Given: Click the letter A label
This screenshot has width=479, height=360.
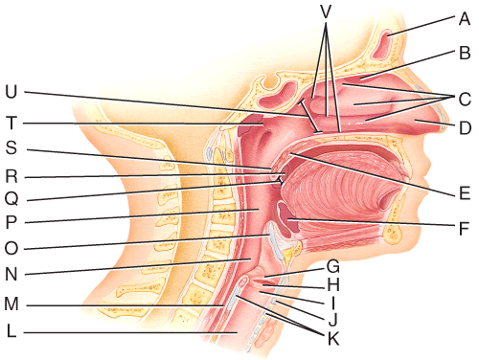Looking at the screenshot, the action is click(x=465, y=18).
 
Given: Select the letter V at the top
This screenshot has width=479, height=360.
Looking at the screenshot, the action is click(x=326, y=11).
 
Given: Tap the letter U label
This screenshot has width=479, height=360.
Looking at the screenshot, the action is click(x=11, y=92).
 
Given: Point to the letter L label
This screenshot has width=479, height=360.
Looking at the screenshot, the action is click(x=11, y=331).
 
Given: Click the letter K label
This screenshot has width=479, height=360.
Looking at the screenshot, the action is click(x=333, y=339).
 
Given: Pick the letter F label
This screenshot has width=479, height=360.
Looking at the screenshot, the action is click(x=464, y=228).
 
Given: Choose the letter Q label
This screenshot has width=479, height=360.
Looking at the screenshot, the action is click(x=11, y=199).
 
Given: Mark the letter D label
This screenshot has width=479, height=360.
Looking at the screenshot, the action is click(x=465, y=128).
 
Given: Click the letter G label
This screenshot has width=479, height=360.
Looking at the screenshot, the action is click(x=333, y=266).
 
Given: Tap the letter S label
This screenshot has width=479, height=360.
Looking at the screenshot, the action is click(x=11, y=147).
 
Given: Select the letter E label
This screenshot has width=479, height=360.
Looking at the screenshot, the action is click(x=465, y=193).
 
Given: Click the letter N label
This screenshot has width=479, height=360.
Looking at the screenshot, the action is click(x=11, y=274).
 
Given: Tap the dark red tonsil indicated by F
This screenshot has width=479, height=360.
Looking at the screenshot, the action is click(x=287, y=219).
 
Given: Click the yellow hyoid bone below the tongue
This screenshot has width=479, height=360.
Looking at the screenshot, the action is click(x=293, y=252).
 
